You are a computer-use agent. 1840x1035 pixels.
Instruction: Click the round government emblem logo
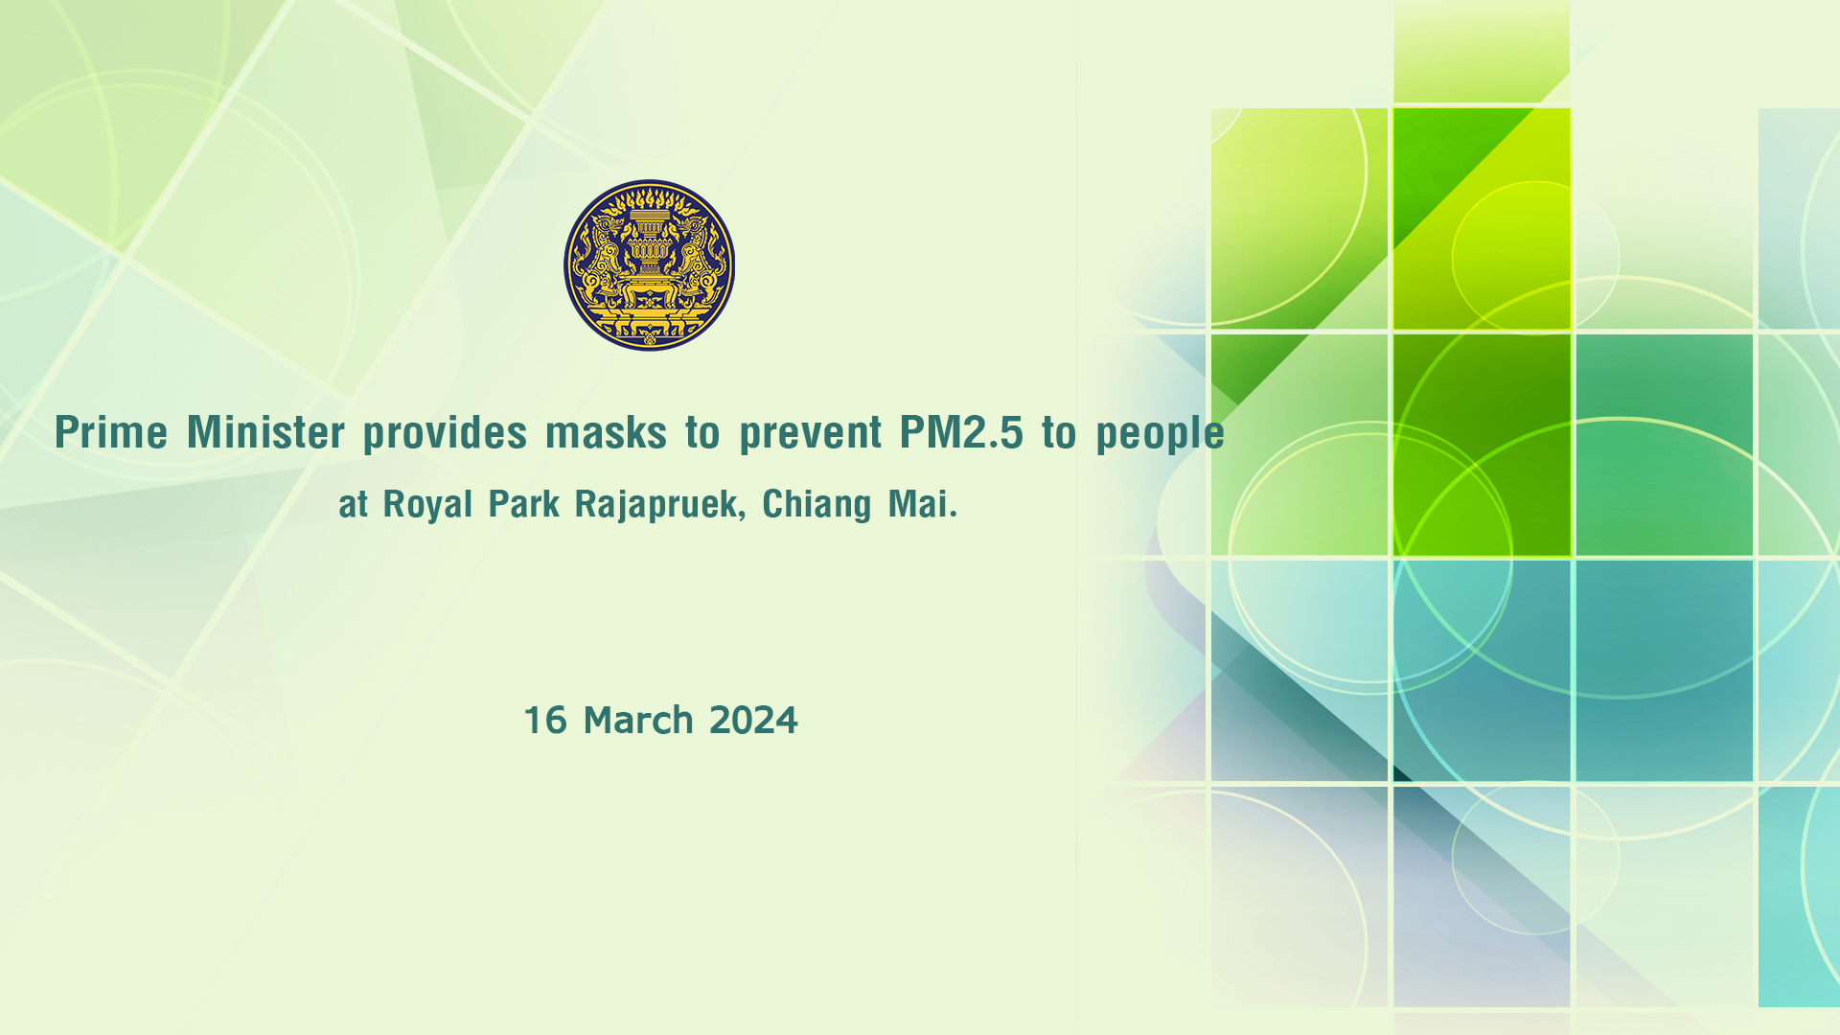pyautogui.click(x=649, y=264)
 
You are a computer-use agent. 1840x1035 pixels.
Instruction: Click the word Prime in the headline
pyautogui.click(x=111, y=432)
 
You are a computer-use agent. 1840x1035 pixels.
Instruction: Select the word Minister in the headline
pyautogui.click(x=265, y=432)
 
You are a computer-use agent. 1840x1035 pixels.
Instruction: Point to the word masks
pyautogui.click(x=606, y=433)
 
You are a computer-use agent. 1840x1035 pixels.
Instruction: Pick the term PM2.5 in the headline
pyautogui.click(x=961, y=432)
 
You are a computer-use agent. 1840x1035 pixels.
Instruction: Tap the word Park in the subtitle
pyautogui.click(x=523, y=503)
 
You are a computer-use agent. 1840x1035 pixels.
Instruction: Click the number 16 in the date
pyautogui.click(x=545, y=721)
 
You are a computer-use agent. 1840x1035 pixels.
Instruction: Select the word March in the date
pyautogui.click(x=638, y=721)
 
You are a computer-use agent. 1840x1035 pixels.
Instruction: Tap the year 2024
pyautogui.click(x=753, y=721)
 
